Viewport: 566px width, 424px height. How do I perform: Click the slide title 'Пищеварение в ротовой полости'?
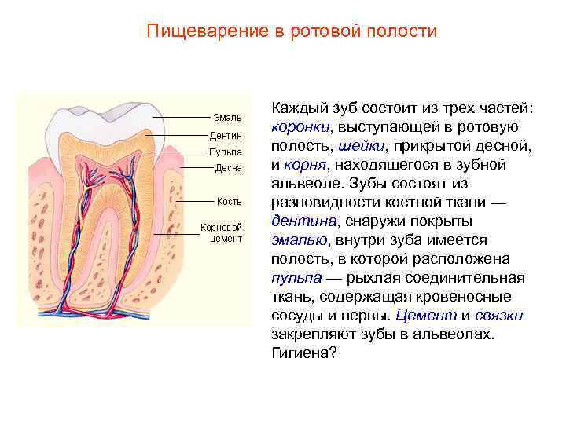[x=292, y=31]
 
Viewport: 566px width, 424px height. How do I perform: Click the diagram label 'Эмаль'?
[x=227, y=118]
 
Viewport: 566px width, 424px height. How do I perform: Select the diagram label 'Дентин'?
[x=225, y=135]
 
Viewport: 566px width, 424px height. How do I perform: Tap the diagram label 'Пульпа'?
[x=225, y=152]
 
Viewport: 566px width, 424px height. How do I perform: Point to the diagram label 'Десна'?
[x=227, y=168]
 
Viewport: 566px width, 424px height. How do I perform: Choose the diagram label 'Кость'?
[x=230, y=201]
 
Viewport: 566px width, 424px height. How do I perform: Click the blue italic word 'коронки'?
[x=300, y=127]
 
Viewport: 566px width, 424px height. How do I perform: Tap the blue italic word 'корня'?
[x=305, y=165]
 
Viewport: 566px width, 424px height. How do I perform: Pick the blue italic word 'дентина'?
[x=301, y=221]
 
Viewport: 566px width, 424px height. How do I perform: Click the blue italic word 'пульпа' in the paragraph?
[x=296, y=278]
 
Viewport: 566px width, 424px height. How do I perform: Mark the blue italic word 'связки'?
[x=500, y=316]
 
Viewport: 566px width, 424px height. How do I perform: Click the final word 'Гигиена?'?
[x=303, y=353]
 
